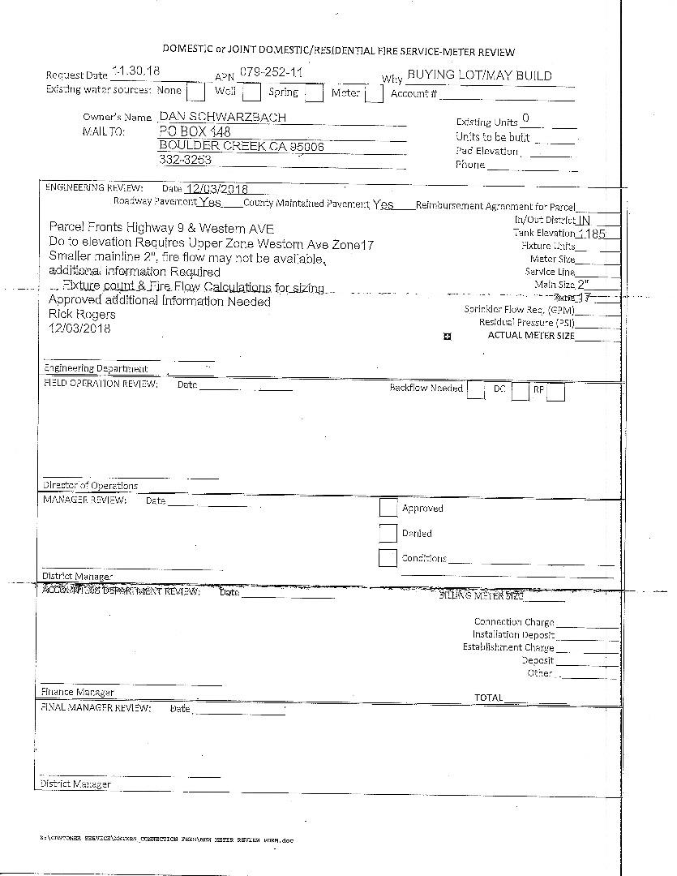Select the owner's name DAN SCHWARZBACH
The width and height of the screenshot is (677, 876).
click(222, 117)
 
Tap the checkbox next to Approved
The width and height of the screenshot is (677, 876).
click(388, 508)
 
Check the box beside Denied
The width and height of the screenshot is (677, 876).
click(388, 533)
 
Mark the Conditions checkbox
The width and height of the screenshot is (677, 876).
click(388, 558)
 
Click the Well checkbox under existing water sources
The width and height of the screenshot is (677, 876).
click(251, 93)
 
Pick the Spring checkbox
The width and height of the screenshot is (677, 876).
click(314, 93)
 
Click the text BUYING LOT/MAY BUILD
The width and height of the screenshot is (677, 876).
click(479, 75)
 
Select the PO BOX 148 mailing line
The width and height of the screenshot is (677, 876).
click(195, 131)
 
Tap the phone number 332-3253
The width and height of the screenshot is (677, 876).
click(185, 160)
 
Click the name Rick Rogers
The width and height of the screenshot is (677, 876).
click(82, 314)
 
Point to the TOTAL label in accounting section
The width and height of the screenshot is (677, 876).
click(488, 698)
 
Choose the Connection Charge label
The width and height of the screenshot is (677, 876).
click(514, 622)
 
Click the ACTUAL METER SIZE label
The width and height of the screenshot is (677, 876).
click(530, 335)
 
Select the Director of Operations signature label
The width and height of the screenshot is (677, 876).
click(90, 486)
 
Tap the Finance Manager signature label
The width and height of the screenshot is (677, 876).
click(77, 693)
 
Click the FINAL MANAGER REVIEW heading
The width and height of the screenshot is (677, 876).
click(96, 708)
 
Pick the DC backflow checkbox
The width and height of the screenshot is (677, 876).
click(520, 392)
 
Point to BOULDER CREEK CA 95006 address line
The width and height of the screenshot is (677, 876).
click(241, 146)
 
